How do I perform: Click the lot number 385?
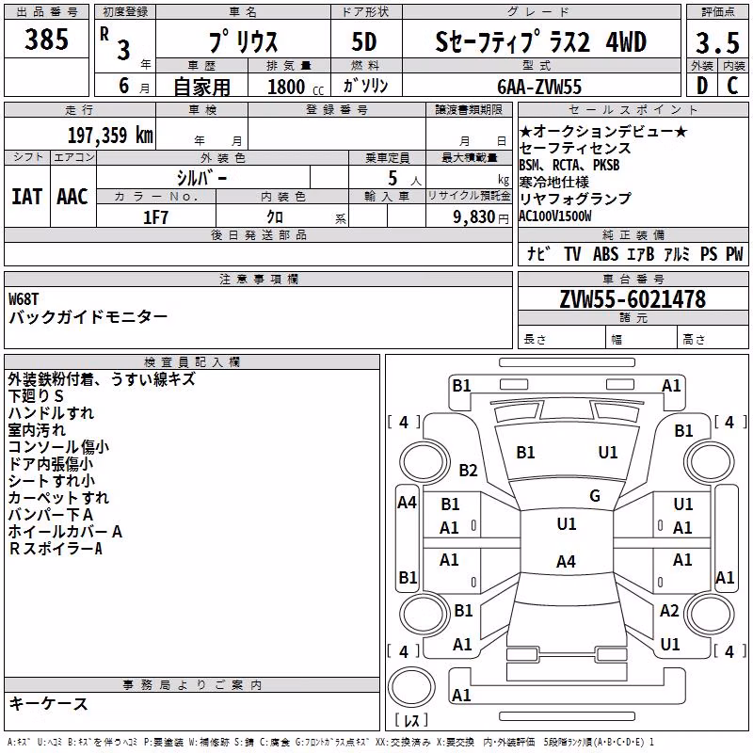coord(46,39)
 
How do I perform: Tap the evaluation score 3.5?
coord(717,42)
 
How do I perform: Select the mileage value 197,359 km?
coord(110,136)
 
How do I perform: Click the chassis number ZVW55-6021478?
coord(633,299)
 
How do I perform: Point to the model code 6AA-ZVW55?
coord(539,87)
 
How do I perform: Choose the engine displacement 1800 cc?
coord(296,87)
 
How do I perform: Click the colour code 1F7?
coord(155,217)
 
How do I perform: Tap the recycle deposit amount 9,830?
coord(474,217)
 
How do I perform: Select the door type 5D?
coord(364,42)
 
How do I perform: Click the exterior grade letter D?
coord(702,86)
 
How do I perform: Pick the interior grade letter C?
coord(732,86)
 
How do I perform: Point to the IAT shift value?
coord(27,197)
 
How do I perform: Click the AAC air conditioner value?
coord(72,197)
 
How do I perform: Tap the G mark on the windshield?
coord(595,496)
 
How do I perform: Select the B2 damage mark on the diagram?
coord(468,470)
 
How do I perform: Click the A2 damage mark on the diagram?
coord(669,611)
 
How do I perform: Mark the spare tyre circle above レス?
coord(411,687)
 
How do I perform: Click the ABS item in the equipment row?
coord(605,253)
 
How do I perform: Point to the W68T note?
coord(24,299)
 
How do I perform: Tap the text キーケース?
coord(49,703)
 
